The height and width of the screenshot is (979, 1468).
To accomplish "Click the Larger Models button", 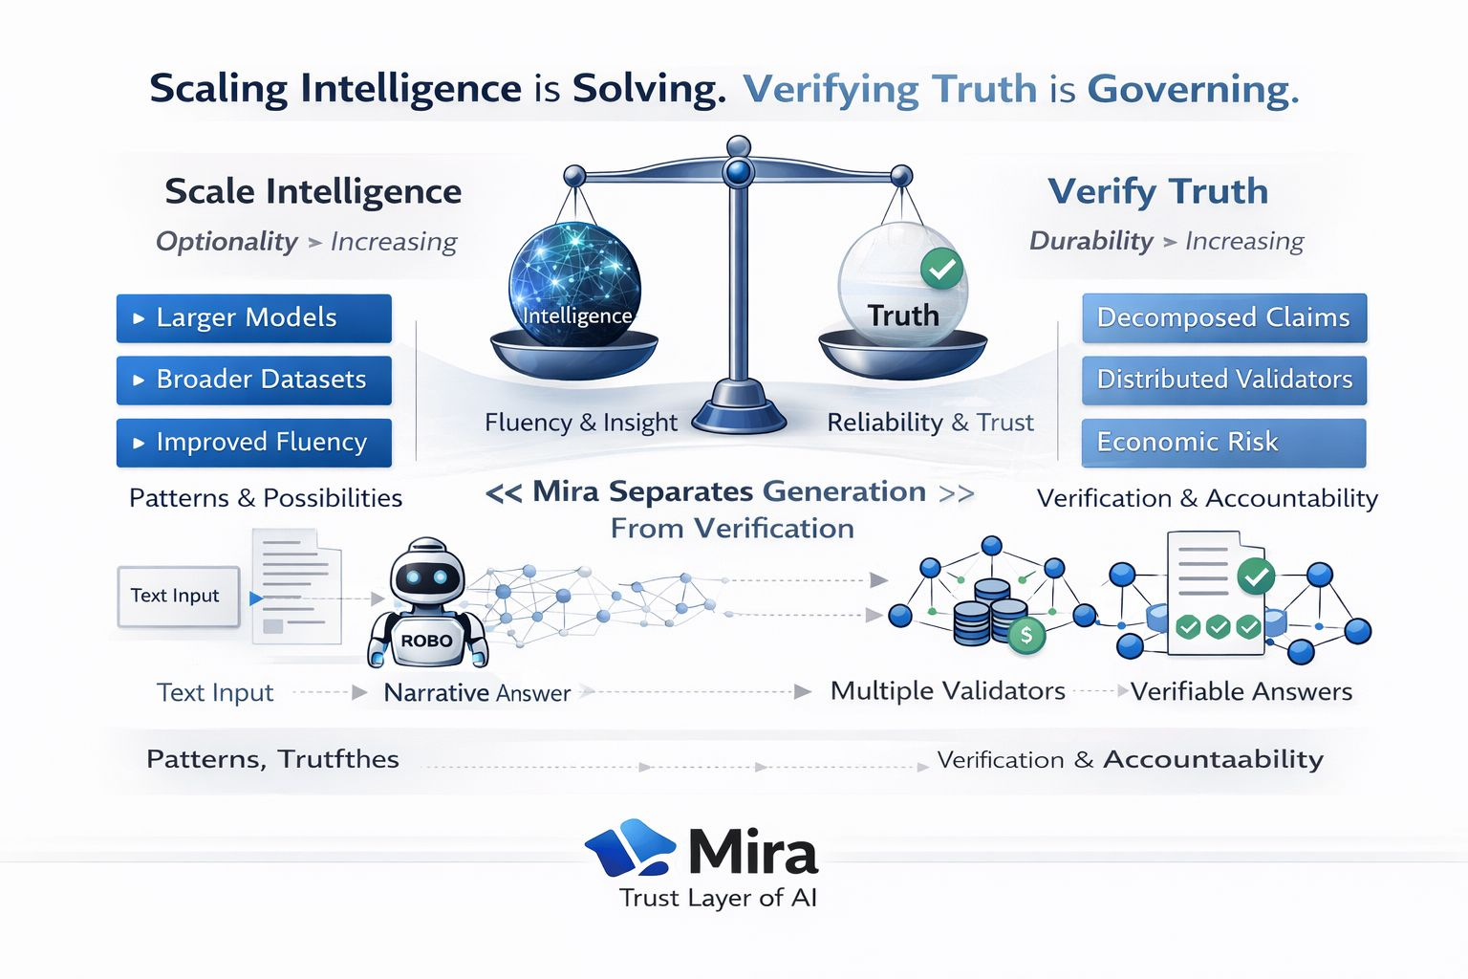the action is point(253,317).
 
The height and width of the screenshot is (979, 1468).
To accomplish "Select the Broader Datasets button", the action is point(253,380).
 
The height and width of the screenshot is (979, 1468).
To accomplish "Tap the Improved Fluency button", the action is point(253,442).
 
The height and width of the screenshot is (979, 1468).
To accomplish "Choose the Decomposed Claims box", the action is point(1223,317).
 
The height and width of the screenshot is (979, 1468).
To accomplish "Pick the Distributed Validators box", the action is point(1223,380).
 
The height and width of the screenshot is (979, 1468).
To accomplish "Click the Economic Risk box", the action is point(1223,442).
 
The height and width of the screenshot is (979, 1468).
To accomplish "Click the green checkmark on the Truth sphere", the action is point(941,269).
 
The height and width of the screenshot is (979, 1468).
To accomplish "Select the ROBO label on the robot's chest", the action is point(426,641).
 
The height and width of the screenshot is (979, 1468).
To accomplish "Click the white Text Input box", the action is point(177,596).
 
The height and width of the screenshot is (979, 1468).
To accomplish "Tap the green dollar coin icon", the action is point(1025,634).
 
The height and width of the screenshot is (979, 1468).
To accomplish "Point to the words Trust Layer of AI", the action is point(718,898).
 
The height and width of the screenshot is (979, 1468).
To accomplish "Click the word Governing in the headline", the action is point(1192,89).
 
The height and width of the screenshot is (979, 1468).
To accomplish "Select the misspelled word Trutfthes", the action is point(338,759).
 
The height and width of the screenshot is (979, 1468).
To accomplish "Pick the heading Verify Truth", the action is point(1157,191).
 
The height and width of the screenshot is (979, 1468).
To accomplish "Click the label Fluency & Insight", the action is point(580,423).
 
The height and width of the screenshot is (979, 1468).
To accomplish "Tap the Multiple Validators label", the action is point(947,691).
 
